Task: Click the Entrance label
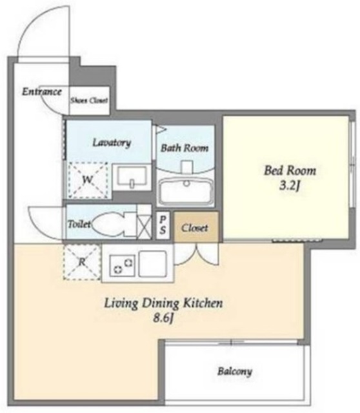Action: click(41, 92)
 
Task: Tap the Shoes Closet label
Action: click(89, 101)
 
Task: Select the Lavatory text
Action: click(112, 143)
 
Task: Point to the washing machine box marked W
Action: click(88, 181)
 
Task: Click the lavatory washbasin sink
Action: click(132, 176)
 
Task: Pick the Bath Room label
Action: click(185, 148)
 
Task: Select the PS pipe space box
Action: click(163, 225)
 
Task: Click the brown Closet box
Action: click(196, 227)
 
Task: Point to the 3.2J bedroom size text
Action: click(290, 186)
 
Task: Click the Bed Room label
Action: click(290, 170)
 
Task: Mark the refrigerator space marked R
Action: click(82, 262)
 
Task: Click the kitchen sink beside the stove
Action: click(153, 264)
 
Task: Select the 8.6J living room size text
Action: click(164, 318)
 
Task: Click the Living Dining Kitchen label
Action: click(163, 303)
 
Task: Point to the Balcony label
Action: click(235, 372)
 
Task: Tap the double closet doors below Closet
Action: click(197, 255)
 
